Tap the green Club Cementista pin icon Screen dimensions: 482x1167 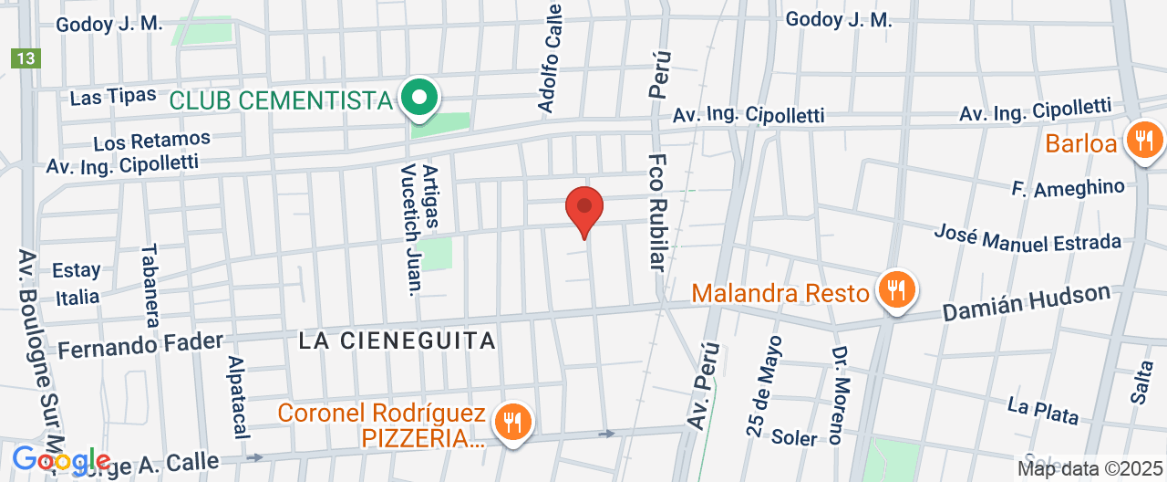(418, 97)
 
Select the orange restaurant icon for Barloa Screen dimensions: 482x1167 (1142, 141)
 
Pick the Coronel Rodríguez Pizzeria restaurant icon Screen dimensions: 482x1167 (512, 422)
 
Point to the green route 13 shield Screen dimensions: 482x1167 (26, 58)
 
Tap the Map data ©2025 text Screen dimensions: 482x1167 (1090, 469)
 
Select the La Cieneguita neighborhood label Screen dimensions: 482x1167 (398, 341)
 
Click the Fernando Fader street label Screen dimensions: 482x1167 (140, 345)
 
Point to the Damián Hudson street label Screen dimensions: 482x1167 (1027, 303)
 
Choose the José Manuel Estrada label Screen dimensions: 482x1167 (1027, 236)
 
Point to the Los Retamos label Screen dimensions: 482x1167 (151, 141)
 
